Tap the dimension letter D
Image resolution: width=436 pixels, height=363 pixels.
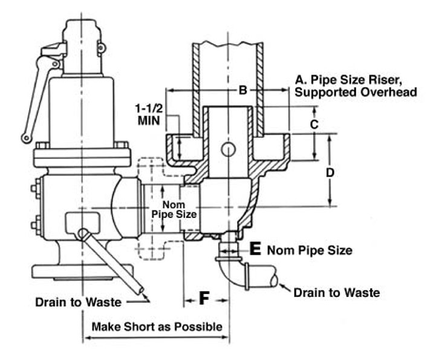click(330, 172)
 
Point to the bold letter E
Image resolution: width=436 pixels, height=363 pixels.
click(255, 249)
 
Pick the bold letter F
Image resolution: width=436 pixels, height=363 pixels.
click(206, 298)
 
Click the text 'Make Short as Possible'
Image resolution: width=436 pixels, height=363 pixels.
click(157, 327)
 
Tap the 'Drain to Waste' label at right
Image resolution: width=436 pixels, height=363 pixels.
click(336, 293)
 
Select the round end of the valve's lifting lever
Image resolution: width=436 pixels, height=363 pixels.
click(26, 139)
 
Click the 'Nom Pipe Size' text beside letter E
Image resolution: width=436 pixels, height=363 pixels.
click(310, 249)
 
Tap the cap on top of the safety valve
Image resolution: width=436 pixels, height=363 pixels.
click(81, 29)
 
